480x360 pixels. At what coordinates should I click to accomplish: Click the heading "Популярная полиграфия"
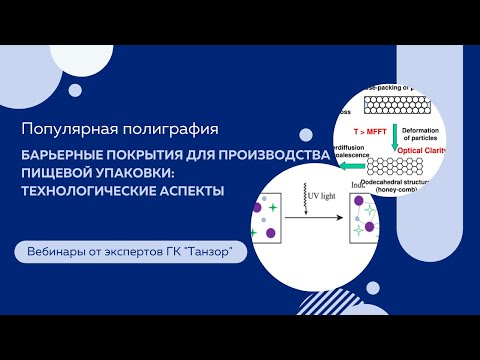(118, 129)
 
